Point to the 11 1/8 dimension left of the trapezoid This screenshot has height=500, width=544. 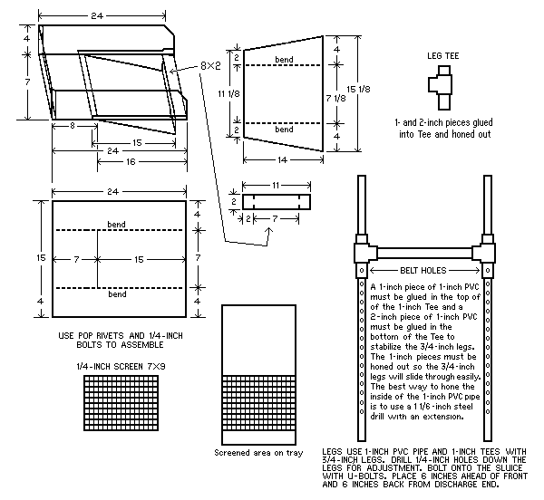[221, 93]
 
